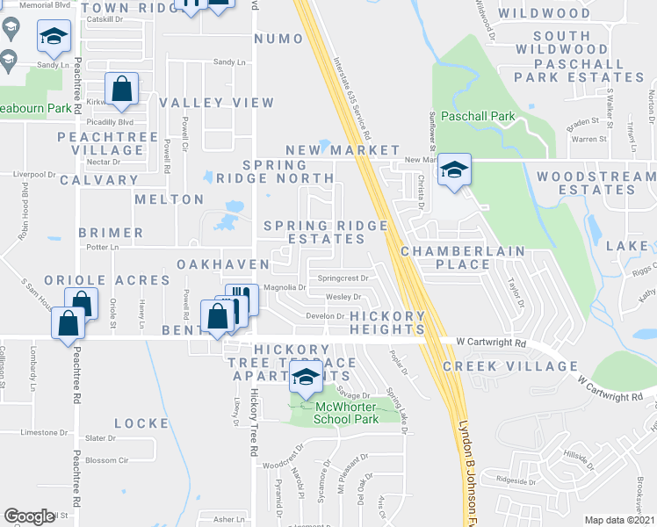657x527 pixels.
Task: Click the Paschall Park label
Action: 478,116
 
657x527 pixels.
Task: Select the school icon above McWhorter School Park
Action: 305,379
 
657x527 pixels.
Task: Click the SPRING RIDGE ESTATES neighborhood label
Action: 326,233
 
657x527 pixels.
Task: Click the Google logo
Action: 29,516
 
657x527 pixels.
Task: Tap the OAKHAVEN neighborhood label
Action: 223,264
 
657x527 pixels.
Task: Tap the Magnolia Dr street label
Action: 284,288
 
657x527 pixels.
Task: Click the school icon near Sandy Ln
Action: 54,37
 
